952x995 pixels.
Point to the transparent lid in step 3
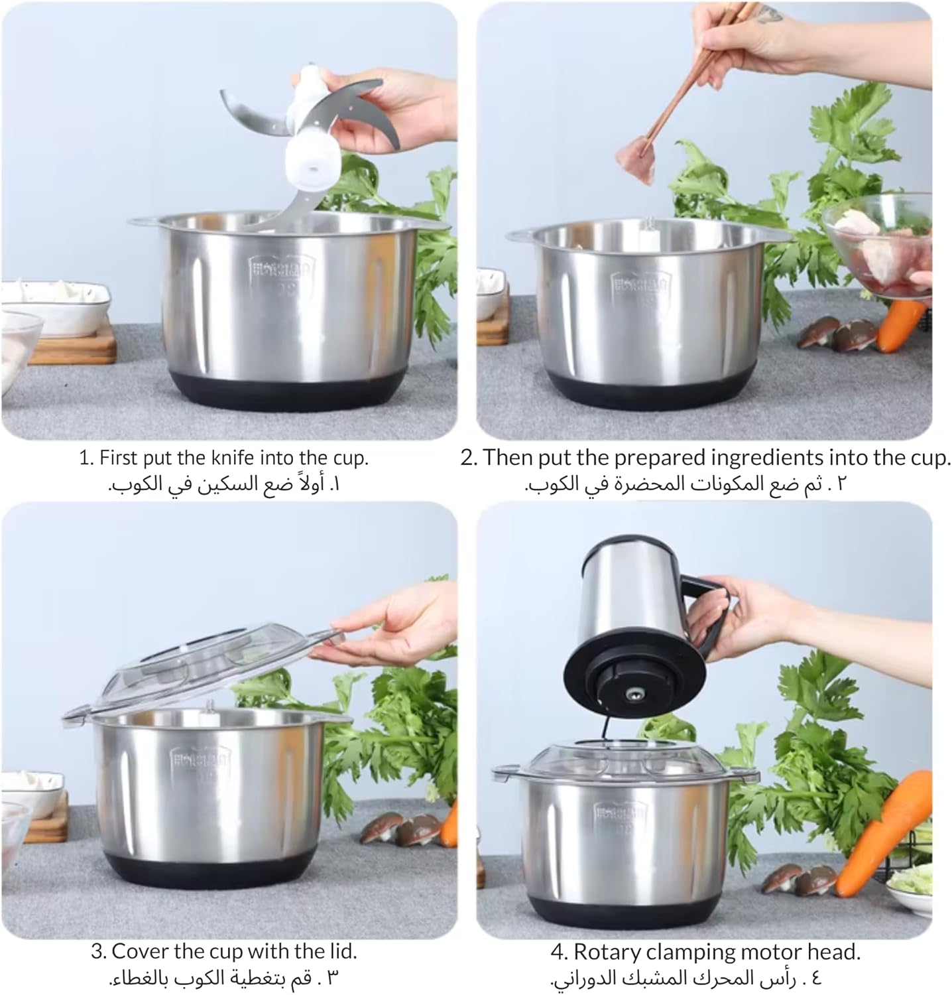click(x=206, y=670)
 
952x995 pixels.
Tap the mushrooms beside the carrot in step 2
click(x=836, y=334)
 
